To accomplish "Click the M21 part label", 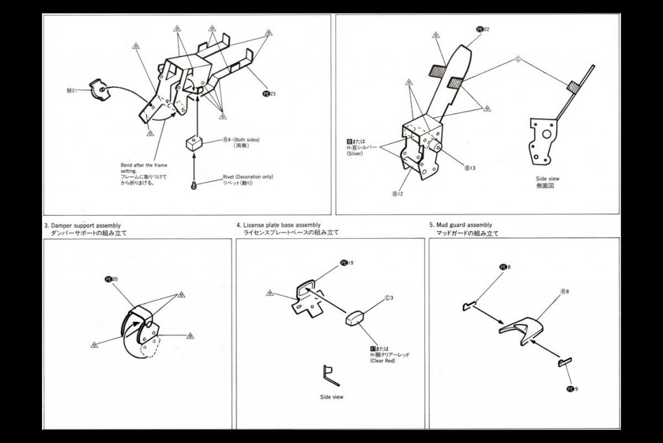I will click(x=72, y=91).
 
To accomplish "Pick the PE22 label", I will click(x=482, y=29).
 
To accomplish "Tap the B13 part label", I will click(x=470, y=168).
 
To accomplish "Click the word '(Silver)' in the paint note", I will click(x=357, y=154).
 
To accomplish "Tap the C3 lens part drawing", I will click(x=357, y=319).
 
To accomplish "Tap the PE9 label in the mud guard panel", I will click(x=571, y=389).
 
